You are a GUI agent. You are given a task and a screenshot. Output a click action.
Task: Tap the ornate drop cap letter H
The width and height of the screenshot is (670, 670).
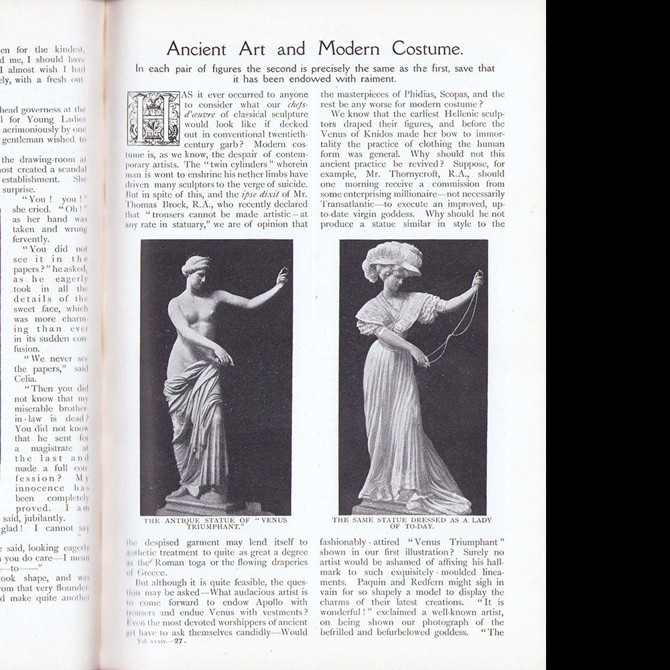(153, 118)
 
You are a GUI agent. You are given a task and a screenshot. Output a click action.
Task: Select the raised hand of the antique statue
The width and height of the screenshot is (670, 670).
(283, 276)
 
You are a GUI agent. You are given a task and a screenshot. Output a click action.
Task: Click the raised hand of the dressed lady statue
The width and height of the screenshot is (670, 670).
(476, 277)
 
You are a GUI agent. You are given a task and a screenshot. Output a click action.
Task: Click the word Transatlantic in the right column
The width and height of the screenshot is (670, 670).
(350, 204)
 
